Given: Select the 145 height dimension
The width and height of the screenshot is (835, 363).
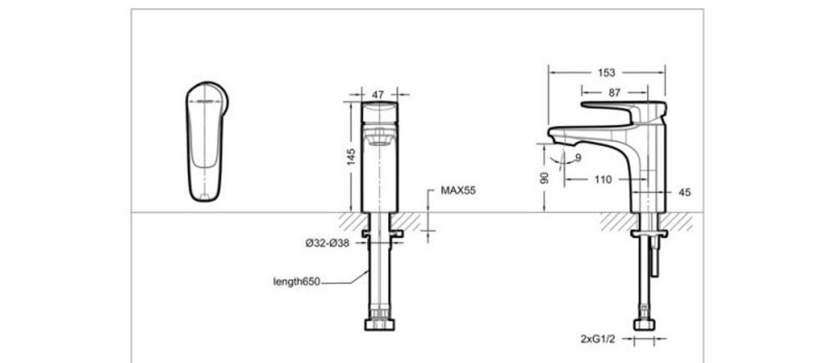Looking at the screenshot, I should coord(352,155).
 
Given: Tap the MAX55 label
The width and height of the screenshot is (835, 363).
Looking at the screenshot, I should coord(458,191).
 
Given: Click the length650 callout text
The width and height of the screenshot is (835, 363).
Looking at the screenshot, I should coord(297,282).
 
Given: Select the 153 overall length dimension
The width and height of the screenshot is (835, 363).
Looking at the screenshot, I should coord(607,73).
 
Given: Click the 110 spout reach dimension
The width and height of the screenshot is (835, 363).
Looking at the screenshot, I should coord(603,179).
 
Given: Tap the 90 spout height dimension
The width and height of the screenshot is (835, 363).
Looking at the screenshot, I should coord(544,178).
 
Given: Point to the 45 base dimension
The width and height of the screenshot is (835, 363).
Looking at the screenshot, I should coord(686,192).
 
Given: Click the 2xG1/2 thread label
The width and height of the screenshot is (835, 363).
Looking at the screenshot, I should coord(599,340).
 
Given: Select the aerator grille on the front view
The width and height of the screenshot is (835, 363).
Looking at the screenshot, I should coord(380,135).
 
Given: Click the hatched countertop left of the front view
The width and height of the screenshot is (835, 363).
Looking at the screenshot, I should coord(350,220).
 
